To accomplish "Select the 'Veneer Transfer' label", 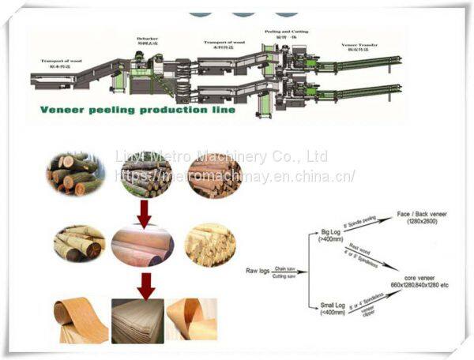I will tap(359, 47).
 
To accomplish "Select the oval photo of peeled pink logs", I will tap(142, 246).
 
